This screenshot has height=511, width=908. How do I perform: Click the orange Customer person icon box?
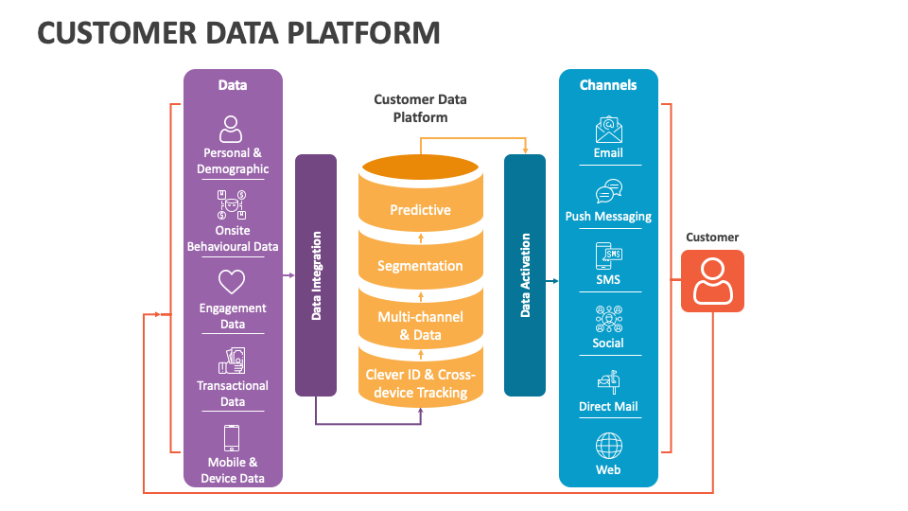pyautogui.click(x=712, y=281)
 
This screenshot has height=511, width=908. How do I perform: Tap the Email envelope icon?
pyautogui.click(x=608, y=129)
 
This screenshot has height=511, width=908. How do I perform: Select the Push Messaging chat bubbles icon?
pyautogui.click(x=608, y=192)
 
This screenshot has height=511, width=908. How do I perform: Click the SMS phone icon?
pyautogui.click(x=608, y=255)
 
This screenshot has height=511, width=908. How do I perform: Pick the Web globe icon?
pyautogui.click(x=608, y=445)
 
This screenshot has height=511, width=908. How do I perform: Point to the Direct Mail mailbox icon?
pyautogui.click(x=608, y=381)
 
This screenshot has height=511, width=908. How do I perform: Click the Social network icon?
pyautogui.click(x=608, y=319)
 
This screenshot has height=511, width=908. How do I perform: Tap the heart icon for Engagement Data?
pyautogui.click(x=232, y=282)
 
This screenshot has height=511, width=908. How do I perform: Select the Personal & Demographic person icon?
pyautogui.click(x=232, y=128)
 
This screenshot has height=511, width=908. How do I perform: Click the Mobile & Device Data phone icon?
pyautogui.click(x=232, y=438)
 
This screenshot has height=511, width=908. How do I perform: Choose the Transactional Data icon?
pyautogui.click(x=232, y=361)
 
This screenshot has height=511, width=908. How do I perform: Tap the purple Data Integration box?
pyautogui.click(x=316, y=274)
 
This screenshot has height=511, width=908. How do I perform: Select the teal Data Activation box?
pyautogui.click(x=525, y=274)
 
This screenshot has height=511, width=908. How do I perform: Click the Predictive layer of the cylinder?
pyautogui.click(x=420, y=210)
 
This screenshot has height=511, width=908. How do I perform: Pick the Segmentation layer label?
pyautogui.click(x=420, y=266)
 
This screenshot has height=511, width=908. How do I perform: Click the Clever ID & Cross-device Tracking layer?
pyautogui.click(x=420, y=383)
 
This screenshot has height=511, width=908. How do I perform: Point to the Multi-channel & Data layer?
pyautogui.click(x=420, y=326)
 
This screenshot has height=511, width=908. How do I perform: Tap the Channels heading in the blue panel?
pyautogui.click(x=608, y=85)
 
